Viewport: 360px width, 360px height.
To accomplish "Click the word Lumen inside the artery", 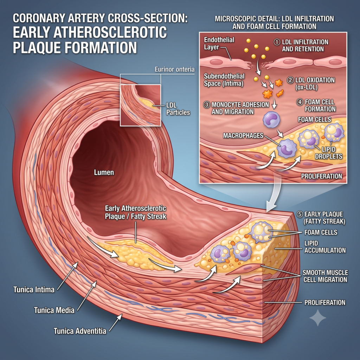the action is (x=104, y=172).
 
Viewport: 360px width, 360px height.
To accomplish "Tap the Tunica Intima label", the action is (x=34, y=290).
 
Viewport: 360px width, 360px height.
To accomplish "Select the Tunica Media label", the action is (x=54, y=310).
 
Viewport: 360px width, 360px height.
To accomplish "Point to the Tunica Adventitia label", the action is (x=80, y=331).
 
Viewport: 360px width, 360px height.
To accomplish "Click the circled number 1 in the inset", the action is (x=277, y=42).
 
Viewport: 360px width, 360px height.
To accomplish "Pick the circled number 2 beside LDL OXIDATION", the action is (x=290, y=81).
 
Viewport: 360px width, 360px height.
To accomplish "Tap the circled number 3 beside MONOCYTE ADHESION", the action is (x=207, y=105).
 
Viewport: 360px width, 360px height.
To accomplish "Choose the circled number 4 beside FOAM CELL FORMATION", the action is (x=300, y=102).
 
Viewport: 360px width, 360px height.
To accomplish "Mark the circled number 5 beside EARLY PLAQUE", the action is (x=300, y=214).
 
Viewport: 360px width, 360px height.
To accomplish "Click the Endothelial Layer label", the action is (x=219, y=43).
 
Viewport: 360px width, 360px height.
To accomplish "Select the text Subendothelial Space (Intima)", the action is (x=224, y=80).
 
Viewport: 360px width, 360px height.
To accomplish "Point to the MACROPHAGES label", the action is (x=243, y=136).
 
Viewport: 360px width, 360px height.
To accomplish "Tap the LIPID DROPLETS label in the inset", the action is (x=329, y=153).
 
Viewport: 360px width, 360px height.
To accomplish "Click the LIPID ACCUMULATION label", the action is (x=325, y=247).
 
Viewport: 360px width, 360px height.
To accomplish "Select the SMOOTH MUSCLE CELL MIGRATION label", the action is (x=325, y=276).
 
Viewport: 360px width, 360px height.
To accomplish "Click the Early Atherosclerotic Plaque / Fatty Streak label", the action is (x=135, y=212).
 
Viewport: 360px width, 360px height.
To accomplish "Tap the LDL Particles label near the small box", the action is (x=178, y=109).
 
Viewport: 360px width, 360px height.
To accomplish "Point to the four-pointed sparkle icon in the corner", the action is (x=318, y=318).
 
